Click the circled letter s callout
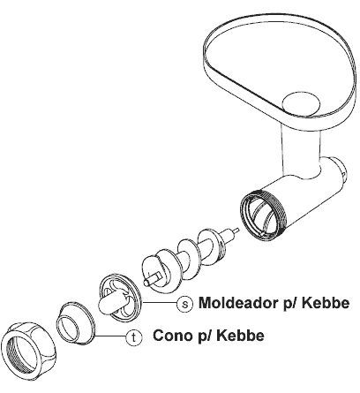185,304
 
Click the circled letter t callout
134,337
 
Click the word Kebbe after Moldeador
326,303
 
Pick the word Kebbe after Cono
241,336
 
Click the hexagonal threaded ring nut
28,351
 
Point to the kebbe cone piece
76,323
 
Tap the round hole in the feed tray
301,103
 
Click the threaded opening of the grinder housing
263,214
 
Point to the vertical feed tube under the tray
301,154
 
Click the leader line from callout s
160,303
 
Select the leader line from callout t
110,336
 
